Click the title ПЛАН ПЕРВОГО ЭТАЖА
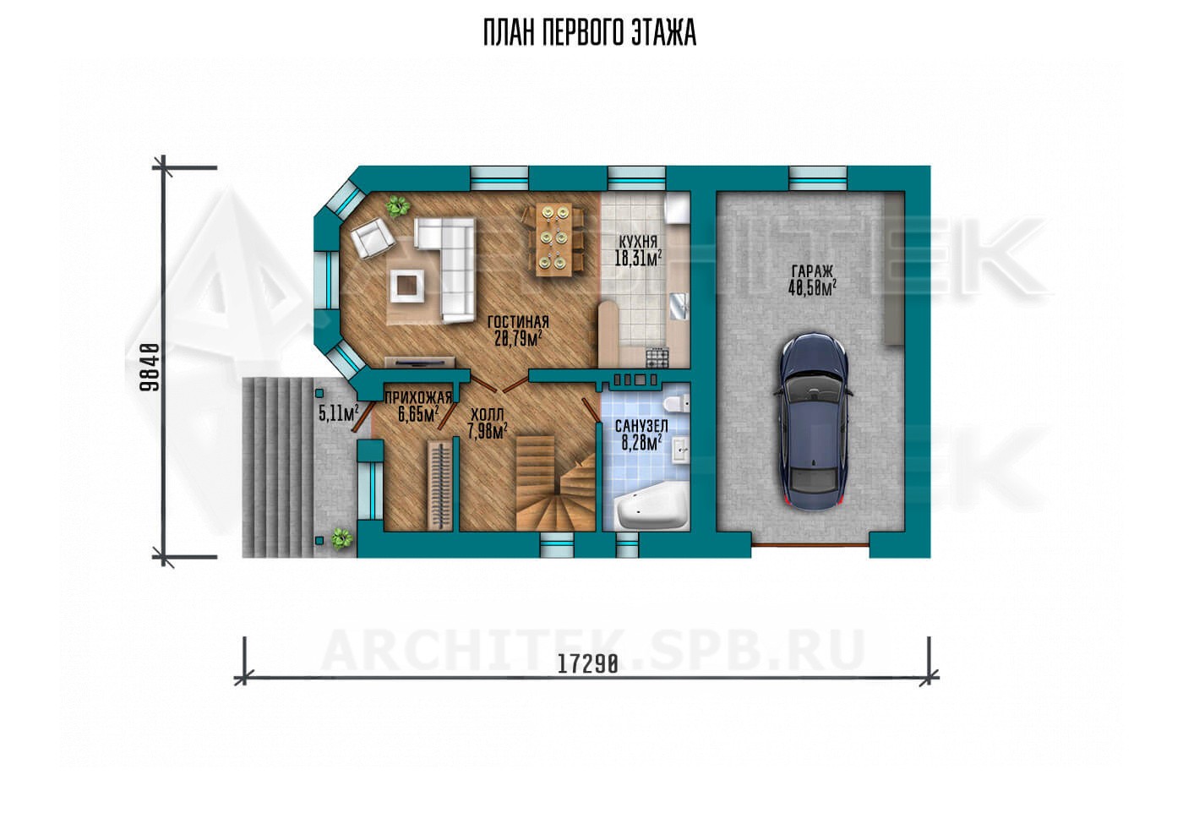pos(590,33)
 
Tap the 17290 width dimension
pos(588,664)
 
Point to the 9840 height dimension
pos(150,367)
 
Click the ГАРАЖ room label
pos(812,271)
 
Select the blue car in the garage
pos(812,421)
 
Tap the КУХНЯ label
pos(638,242)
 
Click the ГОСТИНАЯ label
pos(518,322)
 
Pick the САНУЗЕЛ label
pos(641,426)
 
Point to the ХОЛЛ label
pos(488,414)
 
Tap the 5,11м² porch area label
pos(339,412)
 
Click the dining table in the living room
pos(553,239)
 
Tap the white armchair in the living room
pos(373,238)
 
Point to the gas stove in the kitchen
pos(657,357)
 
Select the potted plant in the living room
pos(396,206)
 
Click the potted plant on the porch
pos(341,538)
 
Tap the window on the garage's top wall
pos(818,178)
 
